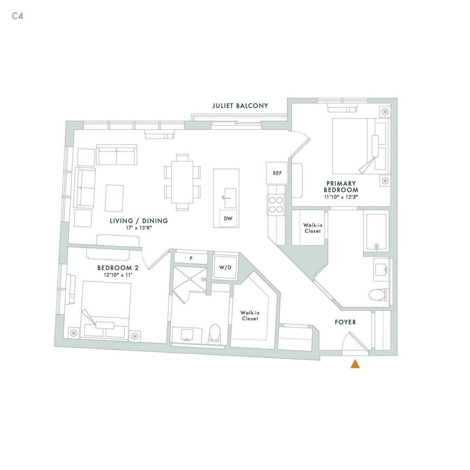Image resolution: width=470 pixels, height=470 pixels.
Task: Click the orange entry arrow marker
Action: (x=355, y=364)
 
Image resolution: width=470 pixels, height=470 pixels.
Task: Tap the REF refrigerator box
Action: (x=277, y=173)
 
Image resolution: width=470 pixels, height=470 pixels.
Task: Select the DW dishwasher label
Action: (x=228, y=219)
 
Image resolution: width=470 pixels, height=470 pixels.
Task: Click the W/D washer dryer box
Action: (x=225, y=268)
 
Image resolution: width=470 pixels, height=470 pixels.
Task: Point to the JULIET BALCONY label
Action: (x=240, y=106)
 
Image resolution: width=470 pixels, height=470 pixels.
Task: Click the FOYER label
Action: (x=345, y=322)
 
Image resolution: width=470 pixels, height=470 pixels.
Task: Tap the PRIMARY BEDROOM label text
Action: (x=341, y=186)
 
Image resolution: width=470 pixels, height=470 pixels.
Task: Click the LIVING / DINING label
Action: (x=139, y=221)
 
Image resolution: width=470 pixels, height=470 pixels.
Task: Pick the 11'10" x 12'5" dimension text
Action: (x=341, y=196)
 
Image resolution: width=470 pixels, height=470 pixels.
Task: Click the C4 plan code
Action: (x=17, y=16)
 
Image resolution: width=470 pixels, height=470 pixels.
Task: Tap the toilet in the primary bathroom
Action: (x=379, y=295)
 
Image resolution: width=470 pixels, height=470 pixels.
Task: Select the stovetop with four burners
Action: (x=276, y=204)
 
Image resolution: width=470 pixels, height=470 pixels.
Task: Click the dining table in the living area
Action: (x=182, y=182)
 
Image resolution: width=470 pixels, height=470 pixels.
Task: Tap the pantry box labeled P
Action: (x=191, y=258)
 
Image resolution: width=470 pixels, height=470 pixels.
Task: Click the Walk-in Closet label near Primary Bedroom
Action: (x=312, y=228)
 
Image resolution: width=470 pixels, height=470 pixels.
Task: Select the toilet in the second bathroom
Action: (x=215, y=334)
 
